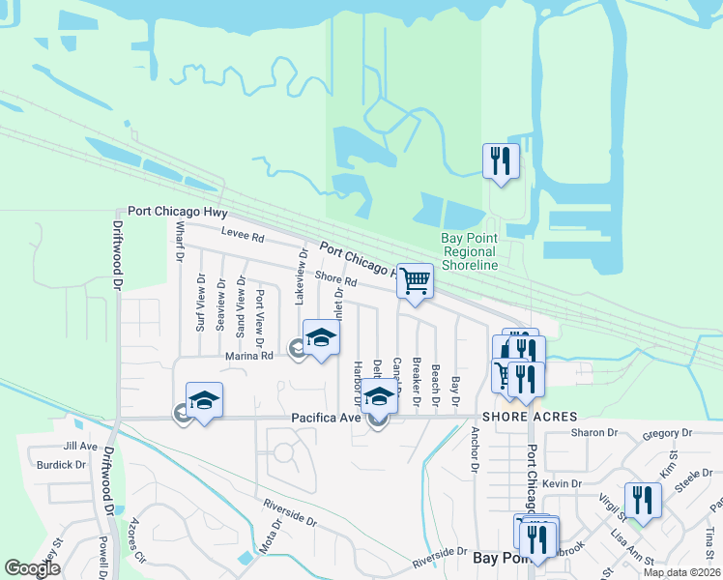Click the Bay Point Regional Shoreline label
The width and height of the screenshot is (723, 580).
pyautogui.click(x=470, y=250)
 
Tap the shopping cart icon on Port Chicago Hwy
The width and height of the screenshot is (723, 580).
pyautogui.click(x=415, y=281)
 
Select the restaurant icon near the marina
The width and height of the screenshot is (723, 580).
pyautogui.click(x=501, y=160)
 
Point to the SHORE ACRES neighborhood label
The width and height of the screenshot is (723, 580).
pyautogui.click(x=523, y=416)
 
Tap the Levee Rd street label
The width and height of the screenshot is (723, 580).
pyautogui.click(x=243, y=236)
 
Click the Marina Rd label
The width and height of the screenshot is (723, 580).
pyautogui.click(x=251, y=355)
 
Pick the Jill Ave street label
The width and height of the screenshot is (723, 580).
pyautogui.click(x=80, y=447)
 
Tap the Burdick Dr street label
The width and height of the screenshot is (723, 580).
pyautogui.click(x=62, y=465)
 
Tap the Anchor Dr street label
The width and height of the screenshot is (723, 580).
pyautogui.click(x=476, y=450)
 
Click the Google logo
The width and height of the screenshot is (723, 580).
pyautogui.click(x=32, y=568)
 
